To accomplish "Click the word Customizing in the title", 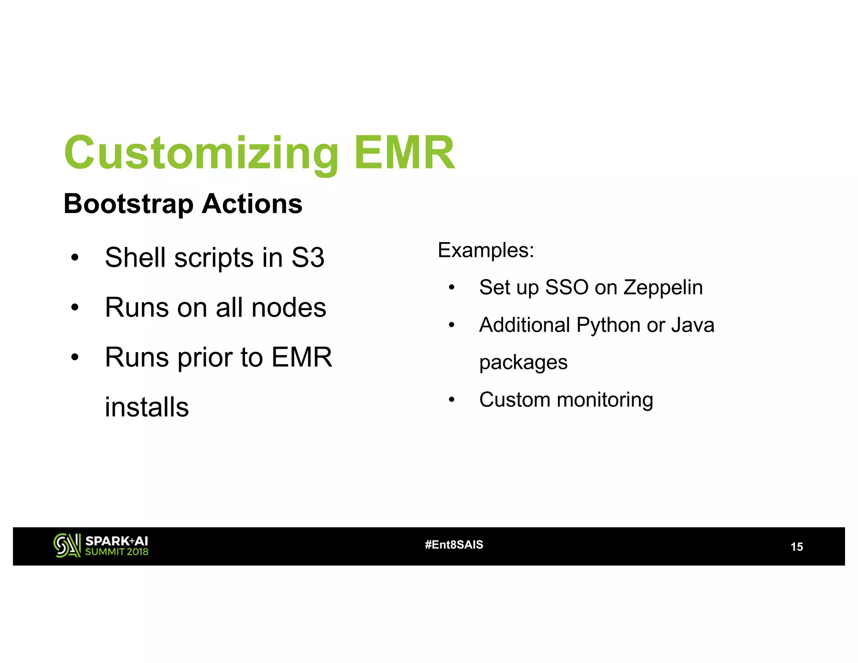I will coord(201,153).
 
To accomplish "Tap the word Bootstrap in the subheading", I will coord(129,204).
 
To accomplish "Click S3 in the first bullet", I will coord(308,257).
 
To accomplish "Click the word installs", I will coord(147,407).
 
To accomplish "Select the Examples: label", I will coord(486,250).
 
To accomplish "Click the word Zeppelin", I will coord(663,287).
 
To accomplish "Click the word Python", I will coord(608,325).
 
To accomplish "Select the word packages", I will coord(523,363).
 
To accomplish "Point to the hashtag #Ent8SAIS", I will coord(454,544).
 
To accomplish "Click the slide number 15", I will coord(796,546).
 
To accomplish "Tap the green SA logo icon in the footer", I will coord(67,545).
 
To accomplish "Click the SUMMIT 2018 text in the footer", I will coord(116,552).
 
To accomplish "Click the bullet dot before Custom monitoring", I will coord(451,400).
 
